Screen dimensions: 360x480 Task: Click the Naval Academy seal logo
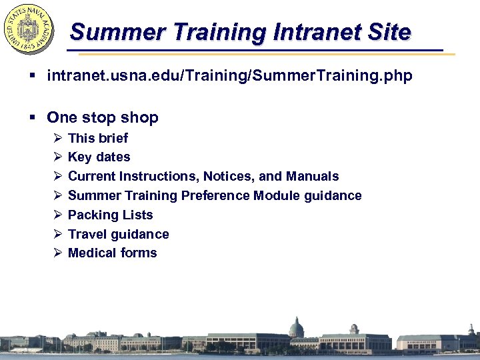coord(29,30)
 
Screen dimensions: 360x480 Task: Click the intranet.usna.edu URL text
coord(229,77)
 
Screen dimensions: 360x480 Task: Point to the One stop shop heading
coord(103,118)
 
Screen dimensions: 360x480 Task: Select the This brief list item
coord(98,138)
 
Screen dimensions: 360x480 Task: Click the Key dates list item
coord(99,157)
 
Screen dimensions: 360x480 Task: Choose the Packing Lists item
coord(111,215)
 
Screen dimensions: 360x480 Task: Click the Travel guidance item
coord(119,234)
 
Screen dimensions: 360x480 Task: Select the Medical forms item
coord(113,253)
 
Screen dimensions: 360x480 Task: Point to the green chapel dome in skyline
coord(296,327)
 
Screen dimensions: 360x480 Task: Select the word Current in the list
coord(92,176)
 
